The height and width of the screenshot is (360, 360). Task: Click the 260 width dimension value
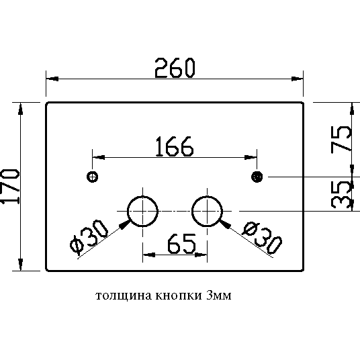(175, 68)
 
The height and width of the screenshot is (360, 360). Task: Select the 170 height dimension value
(10, 186)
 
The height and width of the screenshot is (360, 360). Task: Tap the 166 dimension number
(175, 146)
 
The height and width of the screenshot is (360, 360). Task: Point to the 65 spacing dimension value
(181, 244)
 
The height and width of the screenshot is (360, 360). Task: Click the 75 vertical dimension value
(341, 139)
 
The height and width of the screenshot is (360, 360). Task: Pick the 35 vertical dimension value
(341, 195)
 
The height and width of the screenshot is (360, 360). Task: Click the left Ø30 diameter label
(89, 237)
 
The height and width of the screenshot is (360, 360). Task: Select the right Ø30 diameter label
(262, 237)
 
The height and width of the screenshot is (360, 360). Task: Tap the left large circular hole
(128, 211)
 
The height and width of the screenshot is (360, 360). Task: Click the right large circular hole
(192, 211)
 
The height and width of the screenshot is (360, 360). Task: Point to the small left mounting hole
(93, 177)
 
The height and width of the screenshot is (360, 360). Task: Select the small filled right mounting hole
(257, 177)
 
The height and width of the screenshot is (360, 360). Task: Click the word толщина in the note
(124, 296)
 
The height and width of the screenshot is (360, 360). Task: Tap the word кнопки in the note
(179, 296)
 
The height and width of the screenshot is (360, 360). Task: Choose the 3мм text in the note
(219, 296)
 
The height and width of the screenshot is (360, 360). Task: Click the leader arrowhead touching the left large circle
(125, 224)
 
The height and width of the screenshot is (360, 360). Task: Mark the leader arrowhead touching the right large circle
(225, 224)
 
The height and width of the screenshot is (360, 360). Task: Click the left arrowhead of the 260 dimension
(52, 79)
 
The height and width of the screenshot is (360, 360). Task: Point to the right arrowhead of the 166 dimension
(251, 157)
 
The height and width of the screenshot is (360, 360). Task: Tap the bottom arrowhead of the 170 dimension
(21, 265)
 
